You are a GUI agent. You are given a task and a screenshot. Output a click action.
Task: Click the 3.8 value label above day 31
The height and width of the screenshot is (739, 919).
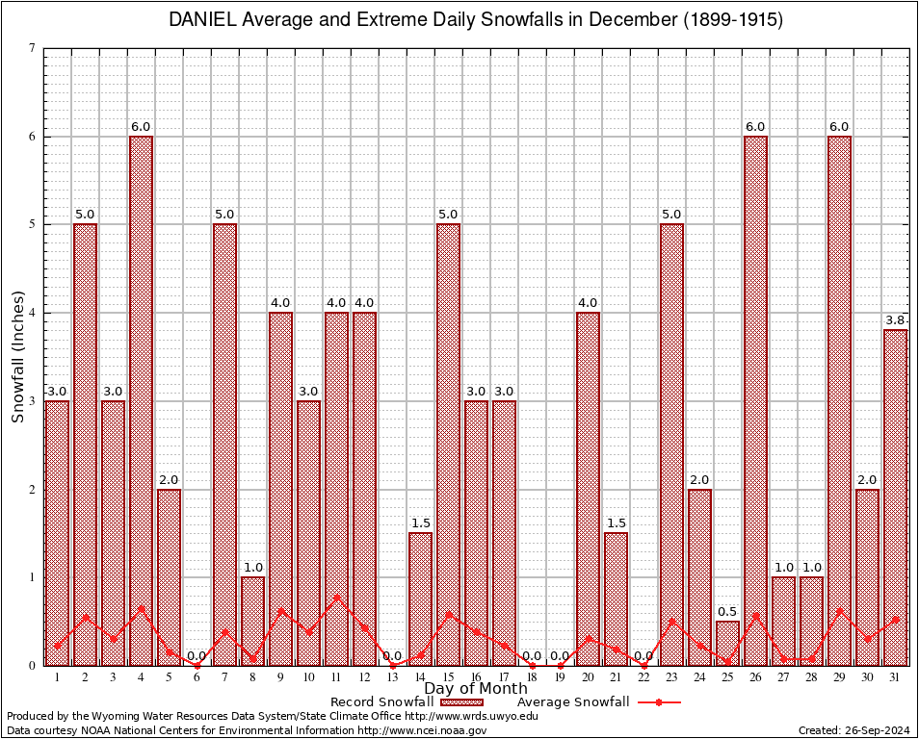pyautogui.click(x=895, y=320)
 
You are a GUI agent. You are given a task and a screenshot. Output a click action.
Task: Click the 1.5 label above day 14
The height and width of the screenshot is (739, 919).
pyautogui.click(x=420, y=523)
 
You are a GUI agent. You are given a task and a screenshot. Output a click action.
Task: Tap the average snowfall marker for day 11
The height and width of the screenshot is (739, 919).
pyautogui.click(x=336, y=598)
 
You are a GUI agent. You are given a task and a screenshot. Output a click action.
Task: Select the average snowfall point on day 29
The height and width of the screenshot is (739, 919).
pyautogui.click(x=839, y=610)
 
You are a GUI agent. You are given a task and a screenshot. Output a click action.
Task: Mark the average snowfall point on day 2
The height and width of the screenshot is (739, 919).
pyautogui.click(x=85, y=617)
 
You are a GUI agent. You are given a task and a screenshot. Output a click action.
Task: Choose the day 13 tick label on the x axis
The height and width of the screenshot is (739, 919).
pyautogui.click(x=392, y=677)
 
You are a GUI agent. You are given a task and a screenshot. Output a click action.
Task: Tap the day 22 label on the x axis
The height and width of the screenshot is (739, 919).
pyautogui.click(x=643, y=677)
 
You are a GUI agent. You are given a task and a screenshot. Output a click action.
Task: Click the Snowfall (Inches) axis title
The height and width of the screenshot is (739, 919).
pyautogui.click(x=17, y=357)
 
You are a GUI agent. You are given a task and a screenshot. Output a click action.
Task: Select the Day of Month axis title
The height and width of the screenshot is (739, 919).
pyautogui.click(x=476, y=689)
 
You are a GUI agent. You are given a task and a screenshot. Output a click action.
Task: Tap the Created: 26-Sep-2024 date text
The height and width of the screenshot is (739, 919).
pyautogui.click(x=854, y=730)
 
